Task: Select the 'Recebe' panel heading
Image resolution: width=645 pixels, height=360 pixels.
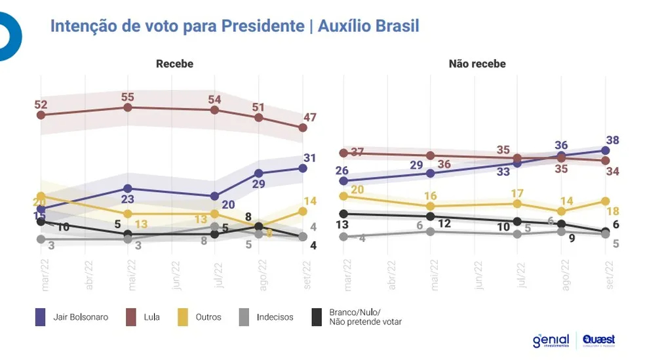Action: coord(174,64)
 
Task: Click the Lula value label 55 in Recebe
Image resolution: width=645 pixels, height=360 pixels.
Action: coord(128,96)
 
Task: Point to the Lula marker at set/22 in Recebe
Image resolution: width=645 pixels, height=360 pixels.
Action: coord(303,127)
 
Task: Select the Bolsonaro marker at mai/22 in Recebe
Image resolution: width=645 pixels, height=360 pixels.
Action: coord(128,189)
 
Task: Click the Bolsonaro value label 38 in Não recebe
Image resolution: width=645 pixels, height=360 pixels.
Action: coord(613,140)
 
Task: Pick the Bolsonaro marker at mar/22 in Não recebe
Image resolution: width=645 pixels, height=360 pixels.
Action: coord(343,180)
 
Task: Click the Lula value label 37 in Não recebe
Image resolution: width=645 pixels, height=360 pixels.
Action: coord(357,152)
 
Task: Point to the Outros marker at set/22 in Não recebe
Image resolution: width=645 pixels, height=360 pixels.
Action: coord(605,201)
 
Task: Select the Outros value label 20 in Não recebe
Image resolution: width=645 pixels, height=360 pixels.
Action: coord(357,190)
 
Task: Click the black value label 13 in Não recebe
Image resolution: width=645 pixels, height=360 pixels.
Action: coord(343,225)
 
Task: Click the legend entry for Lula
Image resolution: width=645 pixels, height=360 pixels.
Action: coord(151,317)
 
